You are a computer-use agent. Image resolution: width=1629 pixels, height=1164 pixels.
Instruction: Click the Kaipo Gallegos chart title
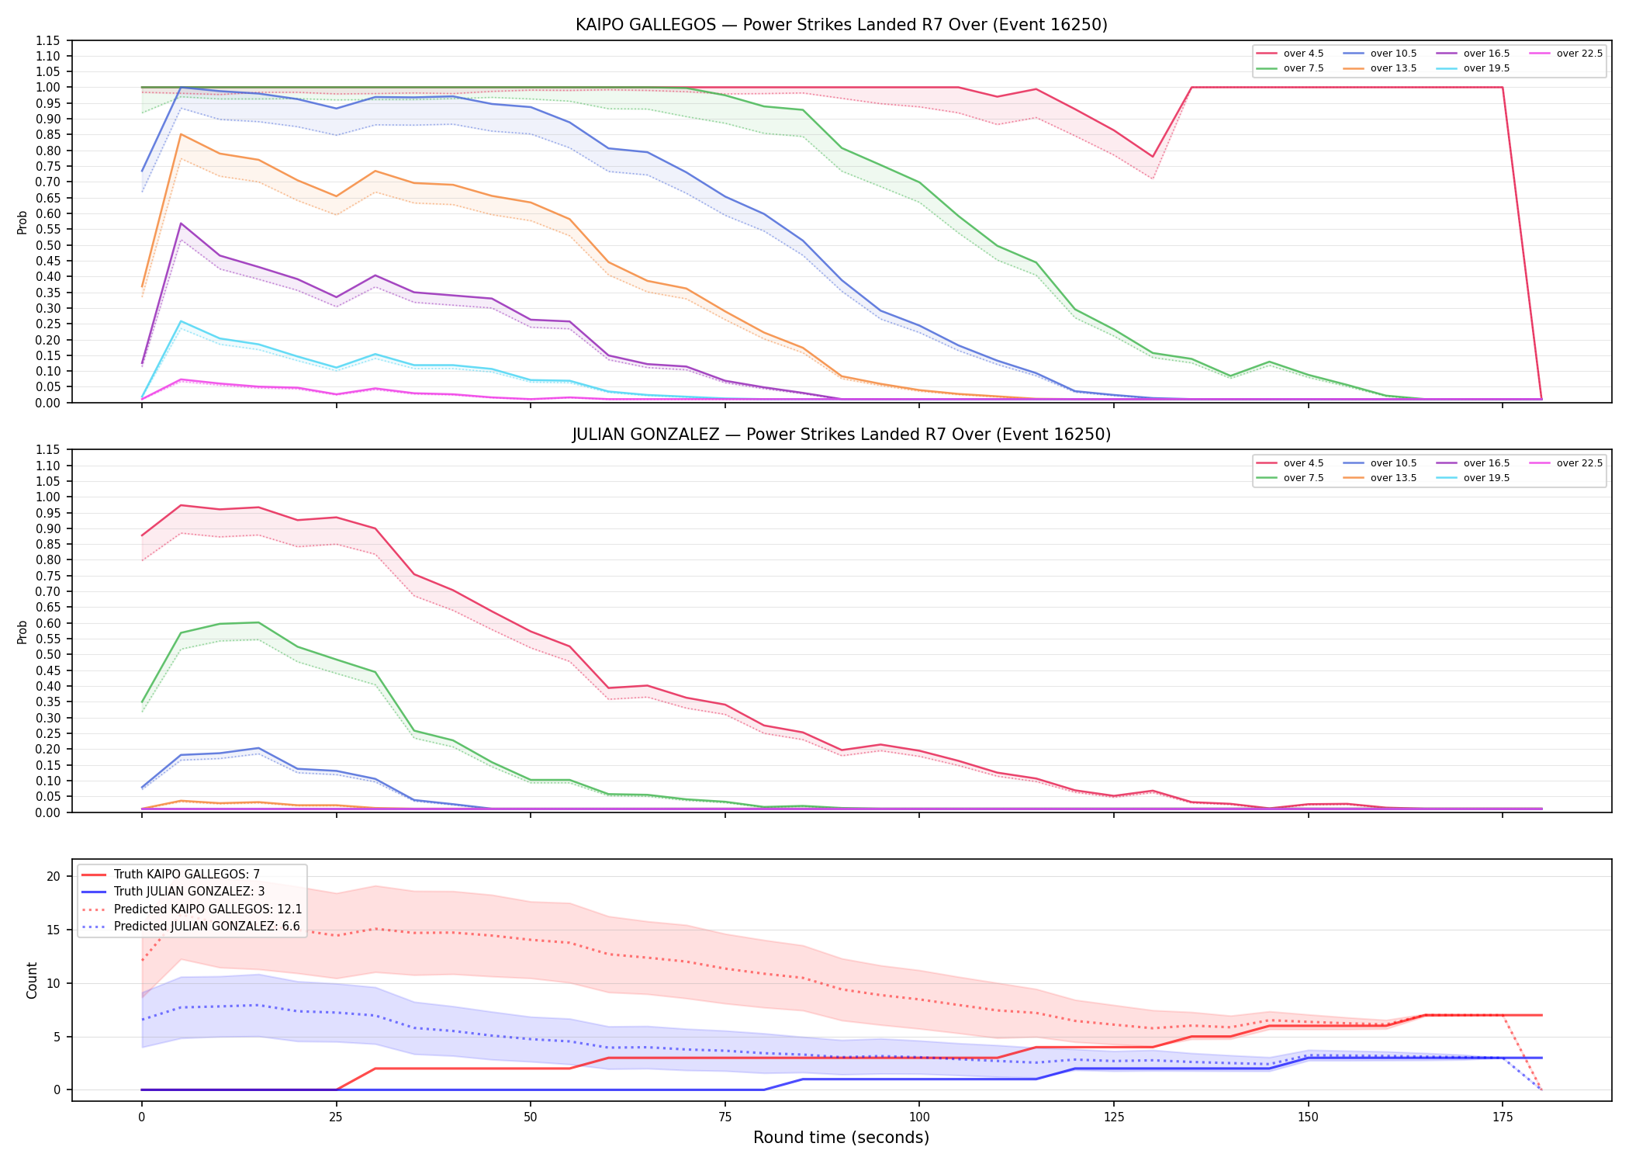tap(841, 25)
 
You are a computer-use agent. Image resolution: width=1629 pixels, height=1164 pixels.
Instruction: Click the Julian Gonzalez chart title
tap(841, 435)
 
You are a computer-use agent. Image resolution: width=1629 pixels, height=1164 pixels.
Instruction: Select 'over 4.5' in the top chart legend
tap(1303, 54)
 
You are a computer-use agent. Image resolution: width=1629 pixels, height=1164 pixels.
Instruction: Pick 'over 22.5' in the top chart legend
tap(1579, 54)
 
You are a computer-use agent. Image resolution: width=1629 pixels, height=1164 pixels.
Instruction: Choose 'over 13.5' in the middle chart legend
tap(1393, 478)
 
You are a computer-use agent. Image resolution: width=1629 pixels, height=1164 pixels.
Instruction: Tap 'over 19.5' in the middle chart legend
tap(1486, 478)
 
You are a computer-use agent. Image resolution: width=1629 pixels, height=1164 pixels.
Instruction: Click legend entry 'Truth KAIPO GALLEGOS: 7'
tap(187, 875)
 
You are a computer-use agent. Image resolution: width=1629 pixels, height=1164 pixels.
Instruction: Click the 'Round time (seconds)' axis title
tap(841, 1138)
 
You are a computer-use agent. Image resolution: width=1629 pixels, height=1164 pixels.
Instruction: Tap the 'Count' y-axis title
tap(32, 980)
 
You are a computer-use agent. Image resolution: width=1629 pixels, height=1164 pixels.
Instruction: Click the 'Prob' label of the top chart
tap(22, 222)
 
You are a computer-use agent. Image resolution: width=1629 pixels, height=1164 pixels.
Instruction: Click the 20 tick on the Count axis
tap(54, 877)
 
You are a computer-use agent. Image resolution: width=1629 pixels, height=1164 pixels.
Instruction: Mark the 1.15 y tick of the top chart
tap(48, 40)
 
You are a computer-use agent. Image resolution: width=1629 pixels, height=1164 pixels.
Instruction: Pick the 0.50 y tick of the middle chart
tap(48, 655)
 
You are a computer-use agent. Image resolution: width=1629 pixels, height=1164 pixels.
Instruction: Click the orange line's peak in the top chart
tap(181, 134)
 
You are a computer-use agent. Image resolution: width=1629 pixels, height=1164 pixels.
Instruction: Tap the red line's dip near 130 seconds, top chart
tap(1153, 157)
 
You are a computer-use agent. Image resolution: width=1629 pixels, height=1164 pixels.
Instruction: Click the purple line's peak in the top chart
tap(181, 223)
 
